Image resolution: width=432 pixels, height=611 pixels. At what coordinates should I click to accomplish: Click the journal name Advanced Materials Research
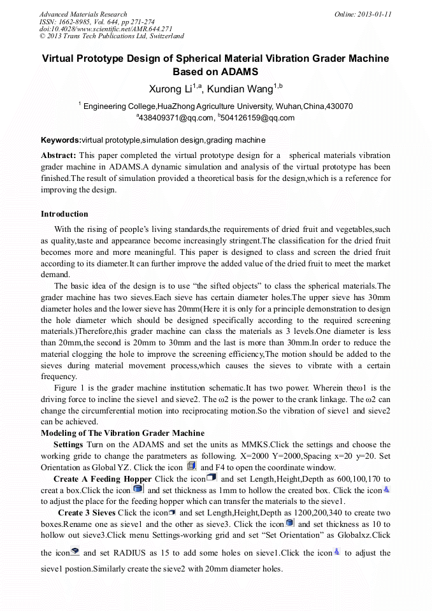83,14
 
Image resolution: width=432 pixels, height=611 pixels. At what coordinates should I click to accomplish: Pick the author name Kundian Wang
245,89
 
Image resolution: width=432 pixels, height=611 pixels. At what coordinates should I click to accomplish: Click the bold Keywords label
61,140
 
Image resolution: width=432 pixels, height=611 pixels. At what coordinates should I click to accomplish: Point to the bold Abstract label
59,155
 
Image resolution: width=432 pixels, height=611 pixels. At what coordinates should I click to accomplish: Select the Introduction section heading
64,213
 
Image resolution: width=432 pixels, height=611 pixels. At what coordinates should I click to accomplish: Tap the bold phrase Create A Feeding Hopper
103,478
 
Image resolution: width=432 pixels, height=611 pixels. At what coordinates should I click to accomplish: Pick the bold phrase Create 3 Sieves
87,513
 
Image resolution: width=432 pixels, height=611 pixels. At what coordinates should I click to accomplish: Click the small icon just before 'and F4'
191,466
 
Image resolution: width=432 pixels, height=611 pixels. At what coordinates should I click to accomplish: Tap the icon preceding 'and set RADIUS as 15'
75,552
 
